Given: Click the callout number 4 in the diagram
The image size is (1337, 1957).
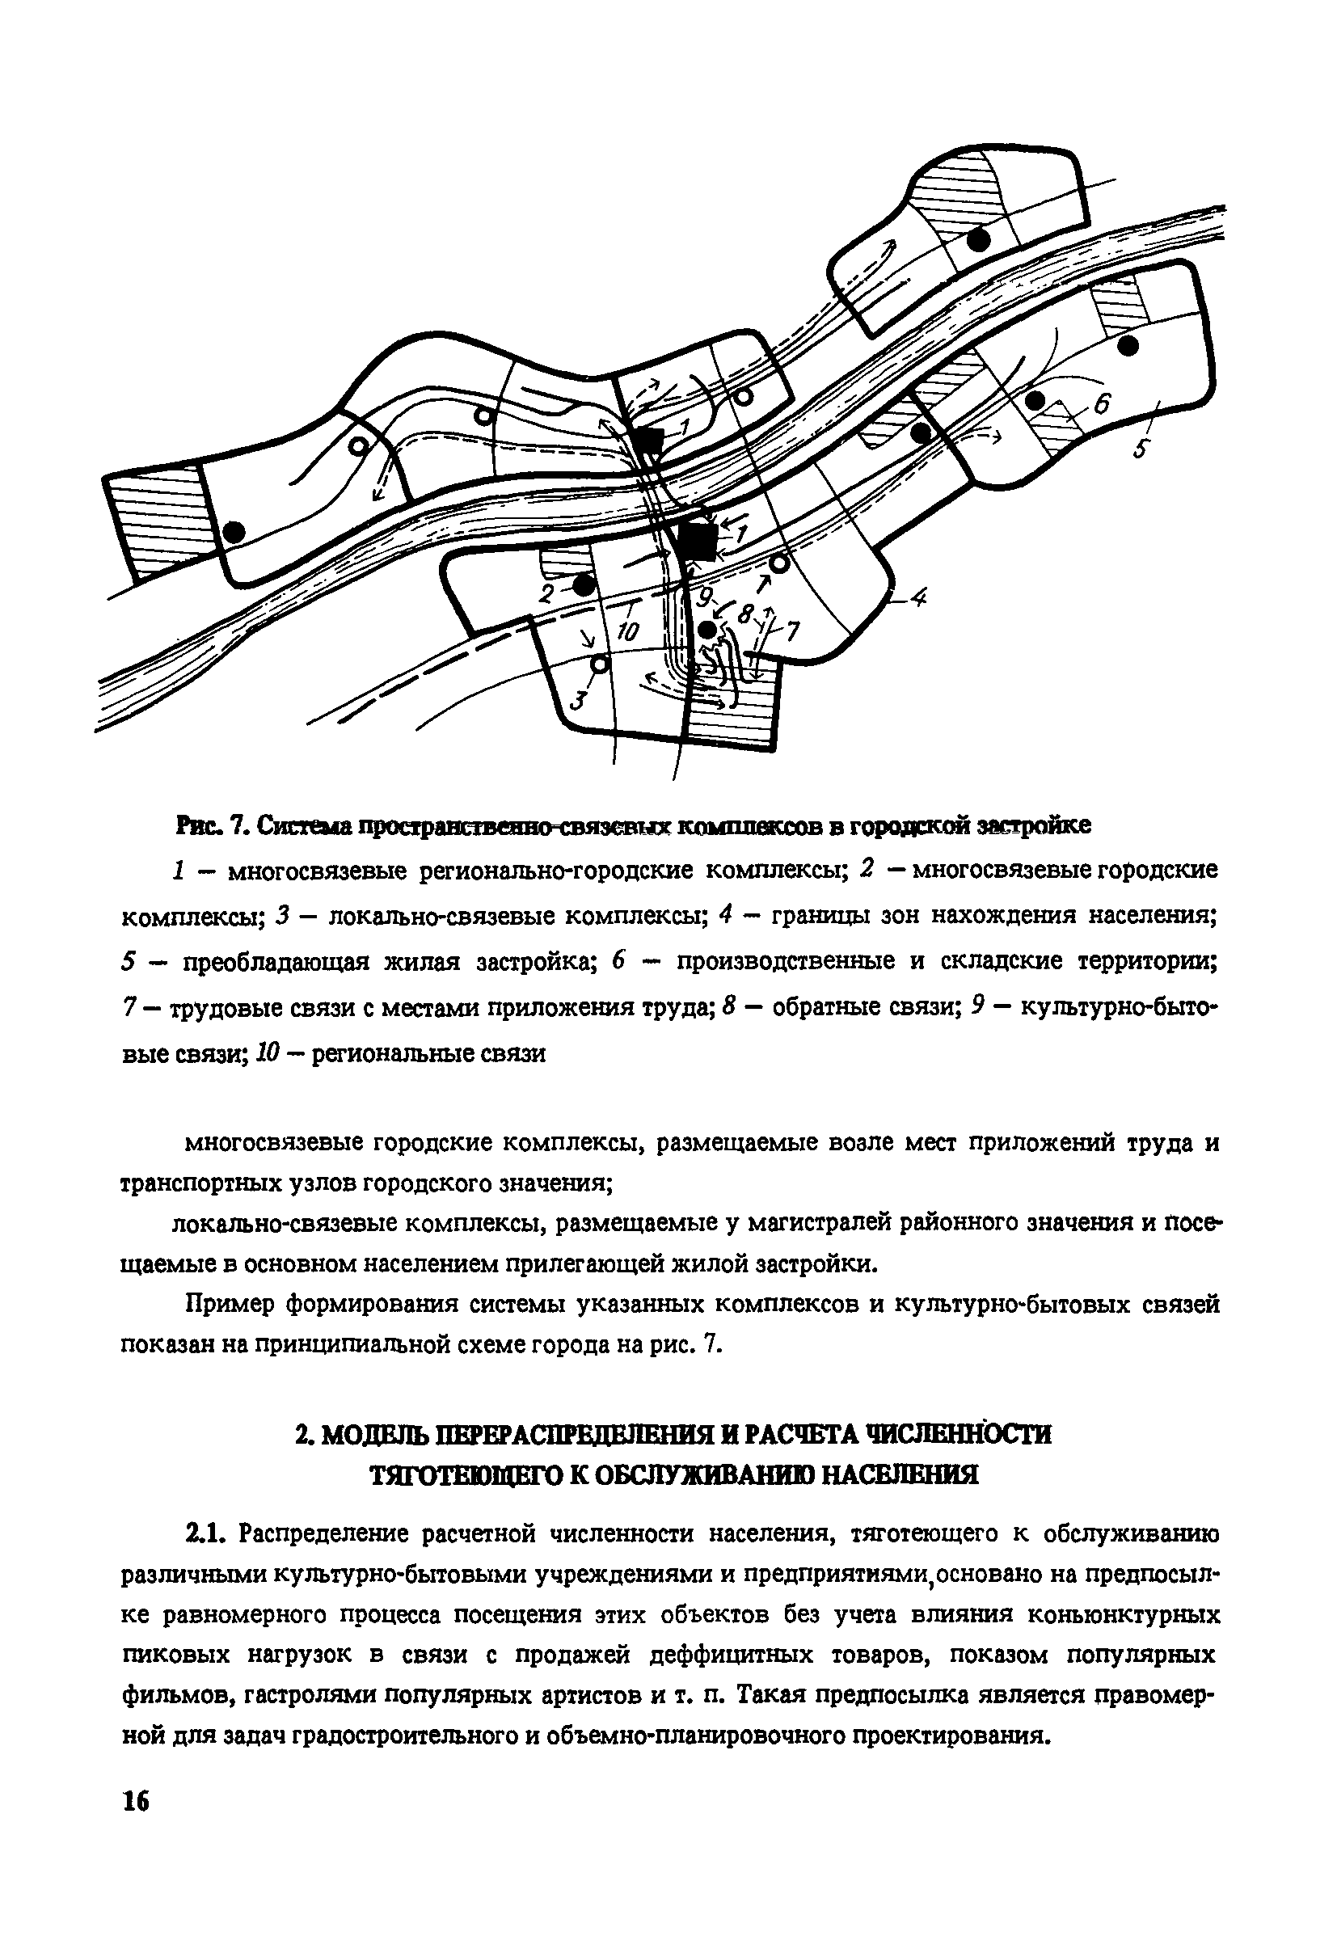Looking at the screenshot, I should pyautogui.click(x=917, y=598).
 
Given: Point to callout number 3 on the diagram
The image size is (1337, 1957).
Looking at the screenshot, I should pyautogui.click(x=576, y=700).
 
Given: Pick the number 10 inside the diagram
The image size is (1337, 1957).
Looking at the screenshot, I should pyautogui.click(x=628, y=631).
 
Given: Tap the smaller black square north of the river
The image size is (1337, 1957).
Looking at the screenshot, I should pyautogui.click(x=648, y=441).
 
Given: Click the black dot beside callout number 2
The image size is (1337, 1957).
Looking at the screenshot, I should pyautogui.click(x=584, y=584).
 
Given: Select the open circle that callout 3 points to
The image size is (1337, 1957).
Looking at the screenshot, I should pyautogui.click(x=600, y=664).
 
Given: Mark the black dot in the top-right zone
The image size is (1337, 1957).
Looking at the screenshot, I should pyautogui.click(x=976, y=240).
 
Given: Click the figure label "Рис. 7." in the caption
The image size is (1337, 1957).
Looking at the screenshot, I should pyautogui.click(x=210, y=825).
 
